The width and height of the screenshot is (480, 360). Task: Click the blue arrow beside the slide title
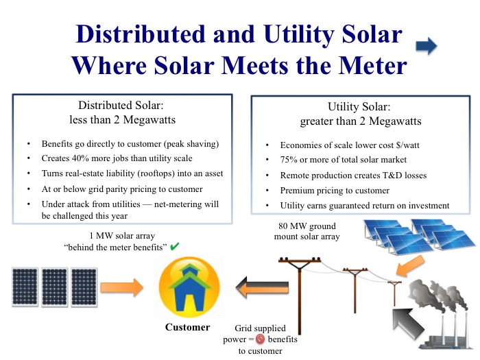pyautogui.click(x=427, y=46)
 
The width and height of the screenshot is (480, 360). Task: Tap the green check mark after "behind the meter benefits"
pyautogui.click(x=174, y=246)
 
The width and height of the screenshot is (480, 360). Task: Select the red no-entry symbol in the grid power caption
pyautogui.click(x=260, y=339)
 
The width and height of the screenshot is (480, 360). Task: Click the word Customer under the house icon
pyautogui.click(x=187, y=327)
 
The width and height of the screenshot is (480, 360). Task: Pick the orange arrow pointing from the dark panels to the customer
pyautogui.click(x=122, y=287)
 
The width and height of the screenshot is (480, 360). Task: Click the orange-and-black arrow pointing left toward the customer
pyautogui.click(x=263, y=287)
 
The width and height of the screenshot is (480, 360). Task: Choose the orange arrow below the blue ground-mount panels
pyautogui.click(x=410, y=266)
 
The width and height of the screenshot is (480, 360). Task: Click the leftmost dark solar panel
pyautogui.click(x=25, y=287)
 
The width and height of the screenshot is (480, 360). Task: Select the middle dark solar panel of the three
pyautogui.click(x=54, y=287)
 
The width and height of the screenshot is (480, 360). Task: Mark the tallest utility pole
pyautogui.click(x=300, y=296)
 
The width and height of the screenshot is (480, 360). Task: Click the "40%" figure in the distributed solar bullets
pyautogui.click(x=80, y=158)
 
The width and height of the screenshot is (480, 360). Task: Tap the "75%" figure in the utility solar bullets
pyautogui.click(x=289, y=160)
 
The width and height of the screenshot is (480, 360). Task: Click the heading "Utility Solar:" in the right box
pyautogui.click(x=359, y=106)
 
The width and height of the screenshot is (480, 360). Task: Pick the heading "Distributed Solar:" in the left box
pyautogui.click(x=121, y=106)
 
